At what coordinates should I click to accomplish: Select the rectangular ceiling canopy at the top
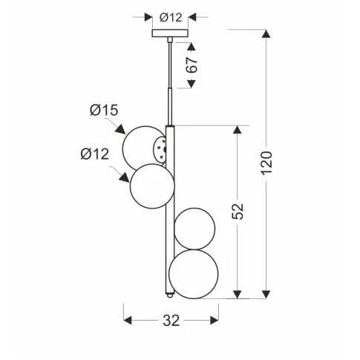point(170,33)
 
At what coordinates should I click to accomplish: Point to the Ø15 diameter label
point(104,111)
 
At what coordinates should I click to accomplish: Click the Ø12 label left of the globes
point(94,154)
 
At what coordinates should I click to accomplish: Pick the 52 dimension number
point(239,212)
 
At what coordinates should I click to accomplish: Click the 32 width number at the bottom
point(170,321)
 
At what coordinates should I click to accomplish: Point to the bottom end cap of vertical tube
point(170,295)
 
